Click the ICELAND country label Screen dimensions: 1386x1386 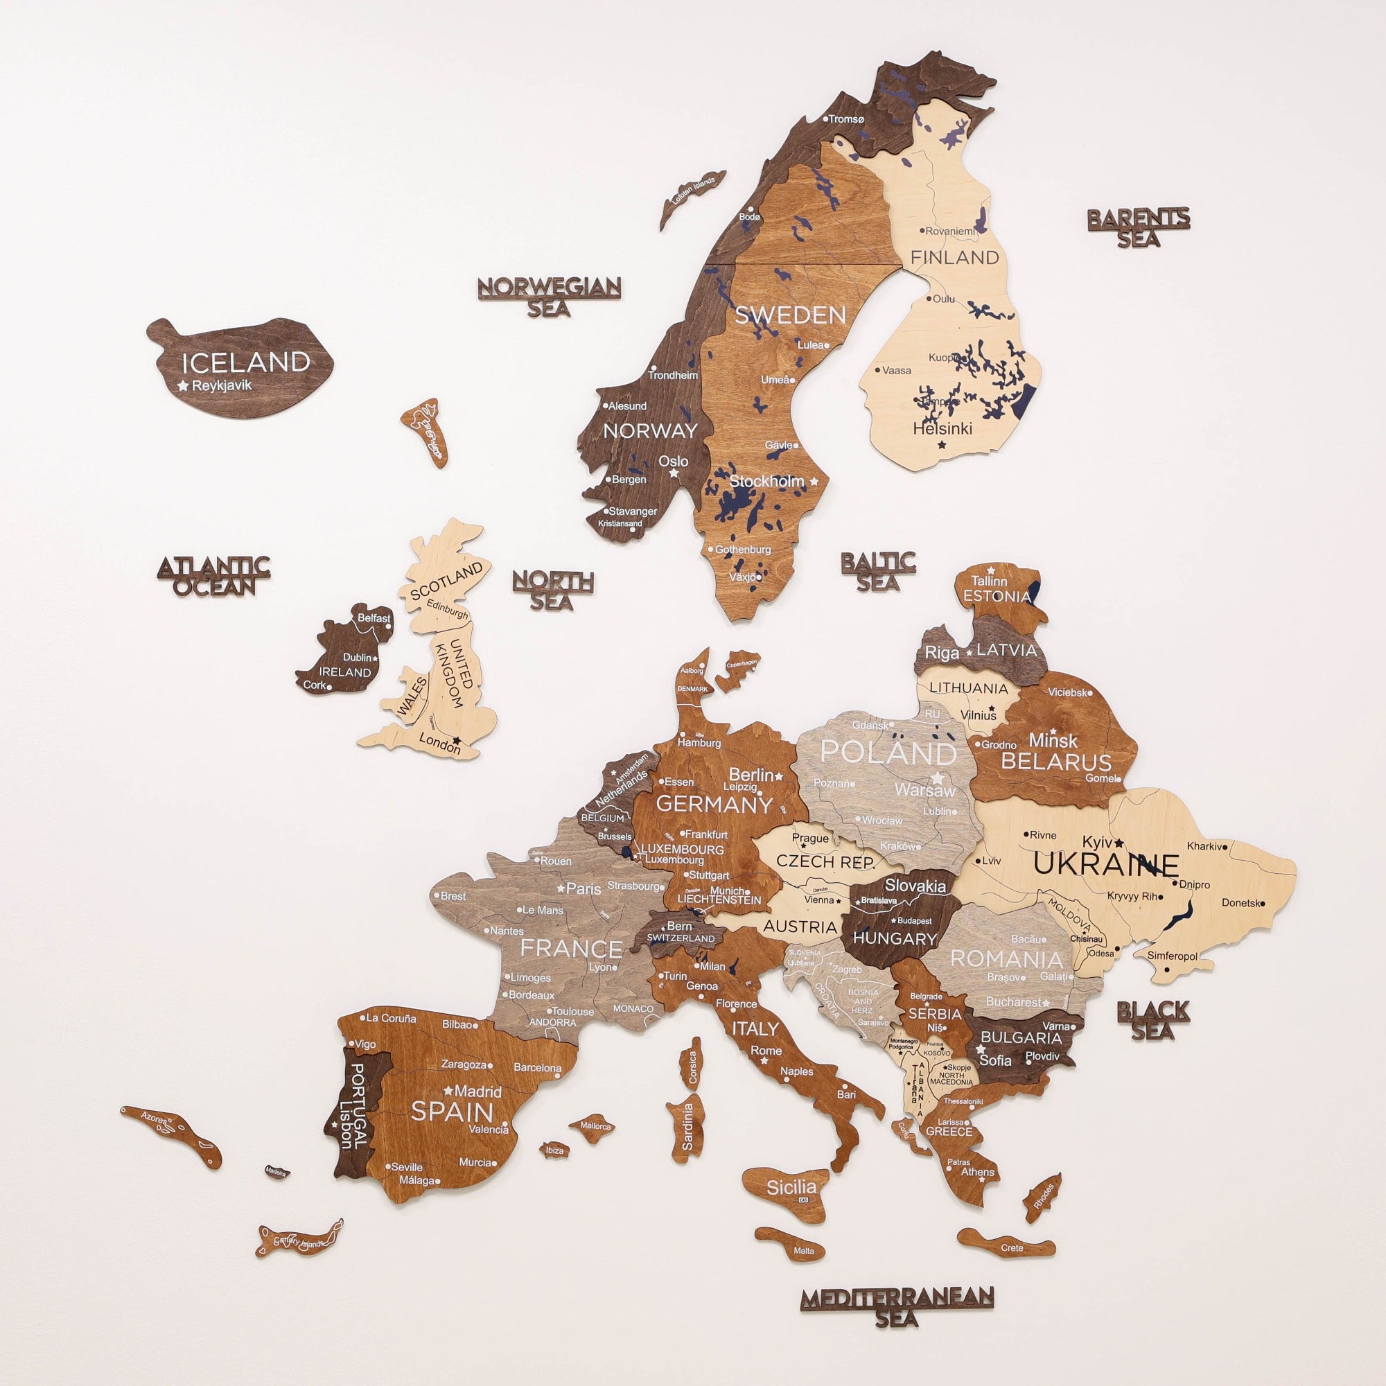pos(245,362)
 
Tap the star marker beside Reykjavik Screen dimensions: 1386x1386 pos(183,386)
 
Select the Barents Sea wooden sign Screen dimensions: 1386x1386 pos(1139,227)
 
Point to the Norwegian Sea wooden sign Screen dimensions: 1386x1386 pos(549,297)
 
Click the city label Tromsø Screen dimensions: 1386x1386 pos(847,119)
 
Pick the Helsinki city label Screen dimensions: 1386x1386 pos(942,428)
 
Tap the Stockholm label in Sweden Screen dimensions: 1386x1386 pos(767,481)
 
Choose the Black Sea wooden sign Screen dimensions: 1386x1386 pos(1153,1021)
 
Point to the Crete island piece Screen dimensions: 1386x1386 pos(1006,1246)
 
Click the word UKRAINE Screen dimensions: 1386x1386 pos(1105,864)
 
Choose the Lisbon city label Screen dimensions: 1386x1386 pos(347,1125)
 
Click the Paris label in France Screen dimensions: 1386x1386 pos(584,888)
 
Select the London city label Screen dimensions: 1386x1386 pos(439,744)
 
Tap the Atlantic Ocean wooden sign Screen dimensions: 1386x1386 pos(213,576)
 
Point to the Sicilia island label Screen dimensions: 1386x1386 pos(791,1187)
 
